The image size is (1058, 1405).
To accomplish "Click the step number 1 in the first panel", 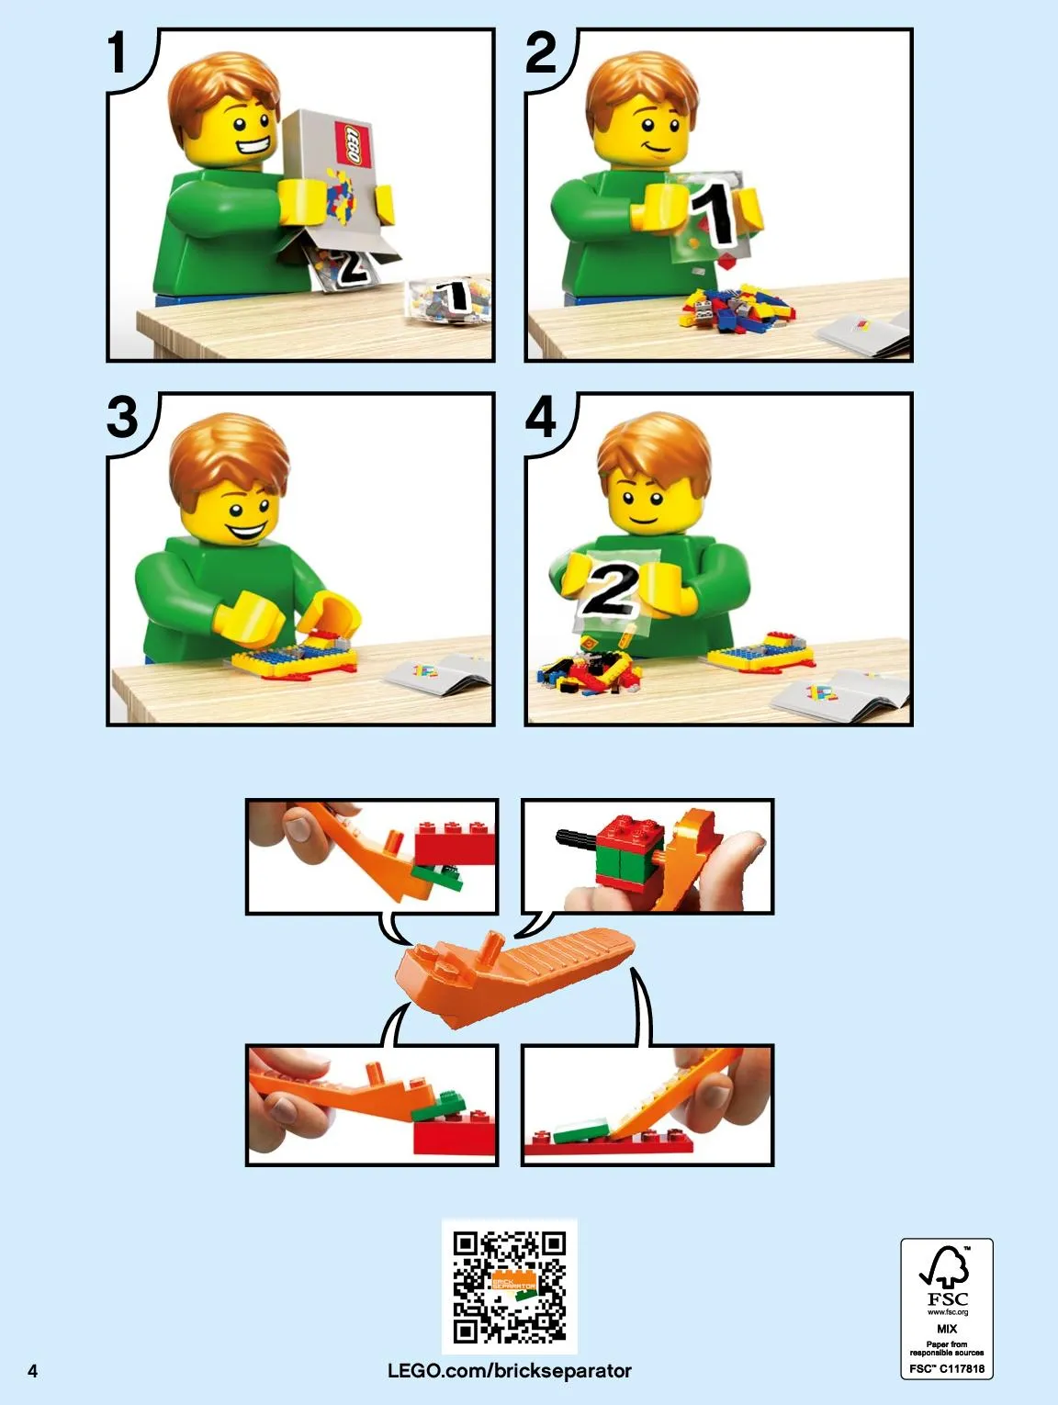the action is click(x=117, y=53).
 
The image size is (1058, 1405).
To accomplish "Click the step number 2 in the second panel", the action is click(x=541, y=53).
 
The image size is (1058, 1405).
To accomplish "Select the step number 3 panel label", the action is click(x=122, y=417).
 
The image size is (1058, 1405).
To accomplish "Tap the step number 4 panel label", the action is click(x=541, y=417).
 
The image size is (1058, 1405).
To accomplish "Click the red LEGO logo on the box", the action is click(x=354, y=143).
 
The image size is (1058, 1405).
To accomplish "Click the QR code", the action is click(x=510, y=1287).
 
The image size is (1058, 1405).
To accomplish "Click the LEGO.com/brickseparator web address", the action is click(x=510, y=1370).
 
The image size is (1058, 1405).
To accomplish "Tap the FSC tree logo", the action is click(x=945, y=1266).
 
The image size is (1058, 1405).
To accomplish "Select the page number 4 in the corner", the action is click(x=33, y=1370).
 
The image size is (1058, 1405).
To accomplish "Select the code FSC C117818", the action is click(x=947, y=1369).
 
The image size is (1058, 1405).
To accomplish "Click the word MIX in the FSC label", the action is click(x=947, y=1329).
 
